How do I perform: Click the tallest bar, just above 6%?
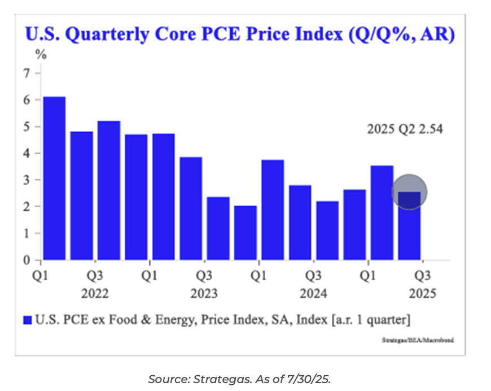[54, 178]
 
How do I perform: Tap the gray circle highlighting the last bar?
[409, 192]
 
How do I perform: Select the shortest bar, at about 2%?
[245, 233]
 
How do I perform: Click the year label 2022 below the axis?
[95, 294]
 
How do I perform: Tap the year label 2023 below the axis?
[204, 294]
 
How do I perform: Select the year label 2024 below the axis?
[313, 294]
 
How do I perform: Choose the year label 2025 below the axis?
[423, 294]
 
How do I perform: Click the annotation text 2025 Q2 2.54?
[405, 129]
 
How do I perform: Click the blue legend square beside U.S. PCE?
[27, 320]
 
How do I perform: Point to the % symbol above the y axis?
[41, 55]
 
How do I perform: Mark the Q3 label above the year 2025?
[423, 276]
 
